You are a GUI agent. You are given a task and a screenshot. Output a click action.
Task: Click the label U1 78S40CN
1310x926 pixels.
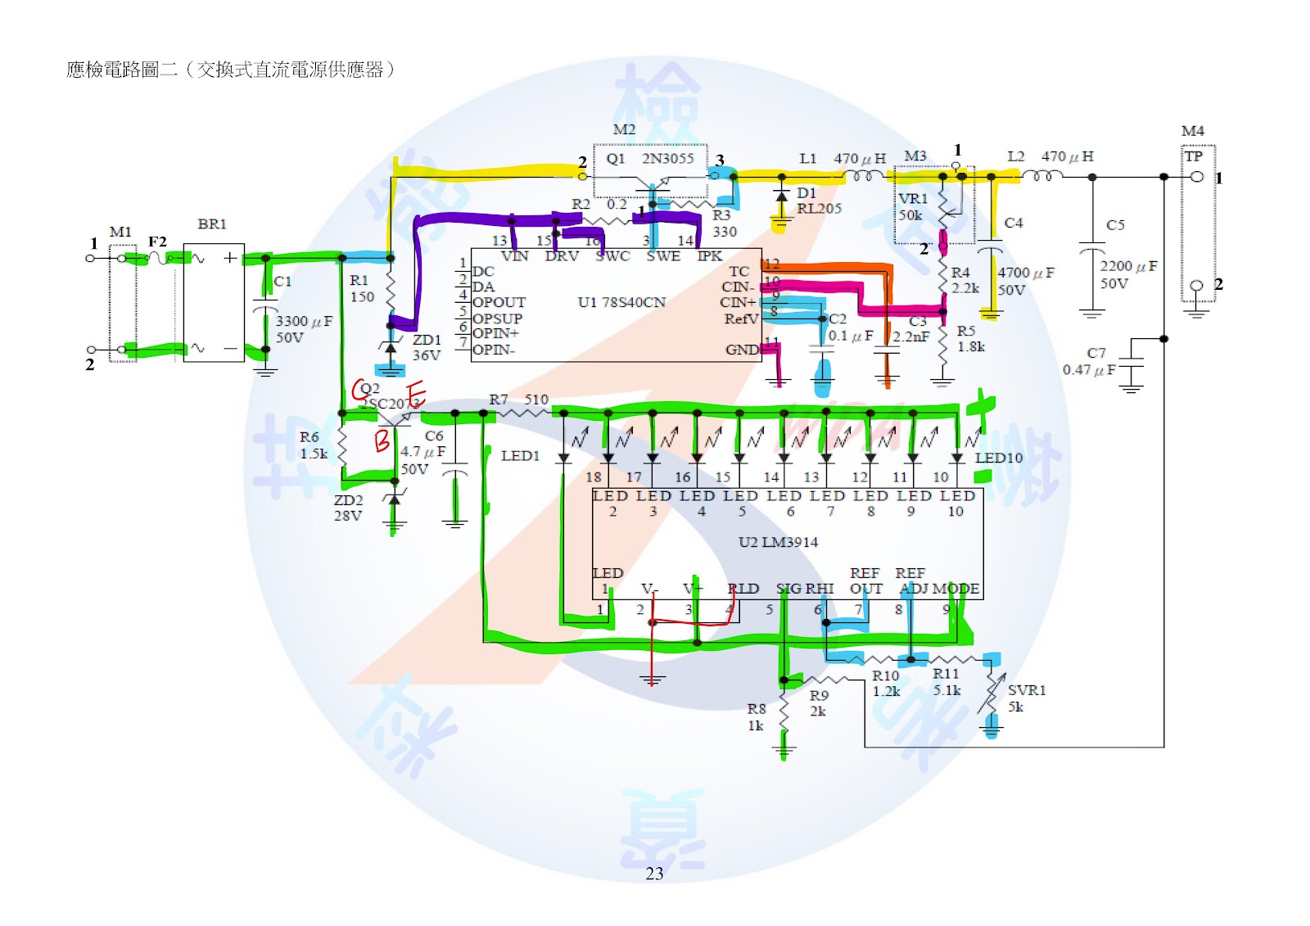pyautogui.click(x=621, y=302)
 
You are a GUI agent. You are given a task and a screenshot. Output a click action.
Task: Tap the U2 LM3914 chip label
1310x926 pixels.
pyautogui.click(x=778, y=542)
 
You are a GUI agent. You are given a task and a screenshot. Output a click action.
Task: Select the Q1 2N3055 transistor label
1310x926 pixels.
pyautogui.click(x=650, y=158)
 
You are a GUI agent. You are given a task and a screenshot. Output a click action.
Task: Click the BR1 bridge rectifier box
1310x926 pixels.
pyautogui.click(x=213, y=303)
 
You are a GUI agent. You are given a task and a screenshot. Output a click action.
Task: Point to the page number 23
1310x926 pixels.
pyautogui.click(x=654, y=874)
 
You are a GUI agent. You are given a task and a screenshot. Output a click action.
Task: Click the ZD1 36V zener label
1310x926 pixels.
pyautogui.click(x=427, y=347)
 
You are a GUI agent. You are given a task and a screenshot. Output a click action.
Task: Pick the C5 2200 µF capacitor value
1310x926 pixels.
pyautogui.click(x=1127, y=274)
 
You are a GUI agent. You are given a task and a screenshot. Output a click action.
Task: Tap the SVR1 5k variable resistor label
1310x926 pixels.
pyautogui.click(x=1026, y=698)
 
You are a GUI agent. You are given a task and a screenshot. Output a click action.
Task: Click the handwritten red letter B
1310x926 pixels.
pyautogui.click(x=382, y=440)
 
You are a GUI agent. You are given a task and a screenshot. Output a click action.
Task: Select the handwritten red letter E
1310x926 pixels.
pyautogui.click(x=416, y=394)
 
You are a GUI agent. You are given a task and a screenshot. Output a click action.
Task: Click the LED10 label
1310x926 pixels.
pyautogui.click(x=998, y=458)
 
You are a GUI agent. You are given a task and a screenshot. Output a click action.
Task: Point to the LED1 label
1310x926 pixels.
pyautogui.click(x=520, y=455)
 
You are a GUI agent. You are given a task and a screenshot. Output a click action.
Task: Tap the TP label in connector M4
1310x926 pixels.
pyautogui.click(x=1194, y=156)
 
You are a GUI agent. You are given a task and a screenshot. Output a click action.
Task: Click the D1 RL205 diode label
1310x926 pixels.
pyautogui.click(x=818, y=201)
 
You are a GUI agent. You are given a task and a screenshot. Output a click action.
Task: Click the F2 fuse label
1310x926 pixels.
pyautogui.click(x=157, y=242)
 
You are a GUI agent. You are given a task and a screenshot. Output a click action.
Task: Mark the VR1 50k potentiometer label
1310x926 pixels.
pyautogui.click(x=912, y=206)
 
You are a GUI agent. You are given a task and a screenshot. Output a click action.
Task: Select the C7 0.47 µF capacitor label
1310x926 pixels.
pyautogui.click(x=1090, y=361)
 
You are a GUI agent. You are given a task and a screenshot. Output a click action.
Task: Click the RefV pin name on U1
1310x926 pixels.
pyautogui.click(x=741, y=318)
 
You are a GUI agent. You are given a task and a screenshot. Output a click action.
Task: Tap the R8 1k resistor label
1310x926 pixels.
pyautogui.click(x=756, y=717)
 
